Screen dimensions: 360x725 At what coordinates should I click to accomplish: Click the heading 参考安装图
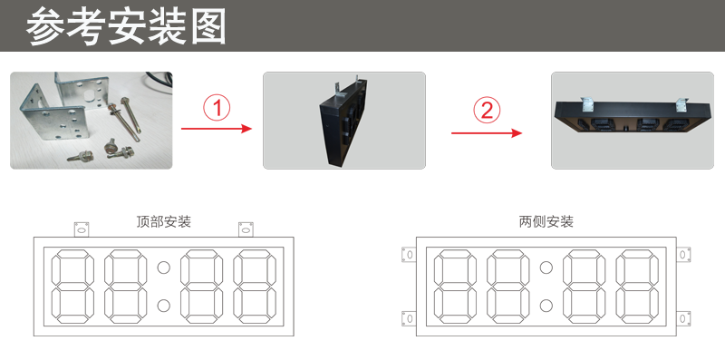coord(126,27)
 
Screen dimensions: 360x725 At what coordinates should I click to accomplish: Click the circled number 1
coord(216,110)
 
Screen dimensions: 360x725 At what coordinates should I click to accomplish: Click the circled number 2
coord(487,111)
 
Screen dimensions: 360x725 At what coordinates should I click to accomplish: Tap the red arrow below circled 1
coord(216,130)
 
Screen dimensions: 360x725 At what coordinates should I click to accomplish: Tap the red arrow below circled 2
coord(487,132)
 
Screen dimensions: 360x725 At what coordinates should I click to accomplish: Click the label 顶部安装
coord(163,221)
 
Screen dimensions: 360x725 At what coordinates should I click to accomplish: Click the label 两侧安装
coord(546,221)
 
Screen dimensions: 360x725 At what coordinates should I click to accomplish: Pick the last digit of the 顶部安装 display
coord(255,286)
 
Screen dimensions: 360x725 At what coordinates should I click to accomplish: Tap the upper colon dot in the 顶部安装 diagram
coord(164,268)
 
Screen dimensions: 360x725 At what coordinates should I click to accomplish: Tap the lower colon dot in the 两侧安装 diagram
coord(546,304)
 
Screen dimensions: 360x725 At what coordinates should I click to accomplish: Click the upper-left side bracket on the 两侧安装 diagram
coord(409,255)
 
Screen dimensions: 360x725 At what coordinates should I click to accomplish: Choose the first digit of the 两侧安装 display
coord(453,286)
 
